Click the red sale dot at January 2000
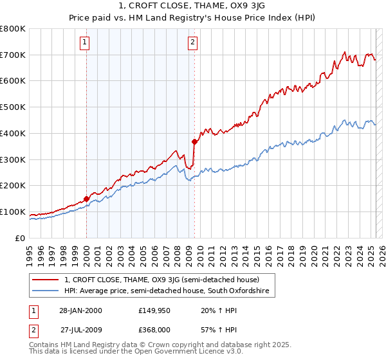(x=86, y=199)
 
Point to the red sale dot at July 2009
(x=194, y=141)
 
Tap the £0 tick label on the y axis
(x=21, y=238)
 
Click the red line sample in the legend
(x=46, y=280)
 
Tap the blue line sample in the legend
(x=46, y=291)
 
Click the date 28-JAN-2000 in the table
(x=80, y=310)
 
